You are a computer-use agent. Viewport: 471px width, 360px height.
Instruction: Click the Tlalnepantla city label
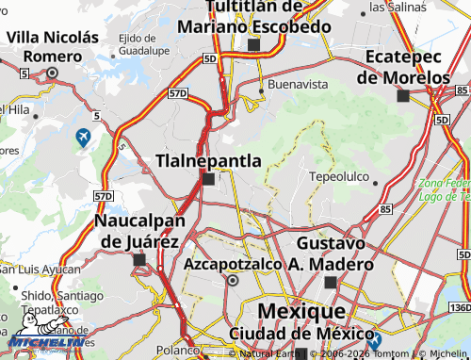(x=208, y=160)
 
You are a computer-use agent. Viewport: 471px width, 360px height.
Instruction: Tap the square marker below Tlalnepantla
(x=208, y=178)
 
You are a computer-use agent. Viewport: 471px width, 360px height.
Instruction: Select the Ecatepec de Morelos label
(x=416, y=67)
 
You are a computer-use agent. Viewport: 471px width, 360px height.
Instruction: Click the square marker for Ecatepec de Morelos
(x=403, y=95)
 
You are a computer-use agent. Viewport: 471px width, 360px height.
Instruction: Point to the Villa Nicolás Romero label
(x=53, y=46)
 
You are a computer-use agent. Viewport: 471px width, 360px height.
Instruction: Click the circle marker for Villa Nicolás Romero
(x=52, y=73)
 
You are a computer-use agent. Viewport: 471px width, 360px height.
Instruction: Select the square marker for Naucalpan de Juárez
(x=139, y=259)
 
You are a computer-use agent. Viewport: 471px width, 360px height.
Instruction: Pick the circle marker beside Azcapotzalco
(x=234, y=280)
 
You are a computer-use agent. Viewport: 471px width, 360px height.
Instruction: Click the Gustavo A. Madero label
(x=329, y=254)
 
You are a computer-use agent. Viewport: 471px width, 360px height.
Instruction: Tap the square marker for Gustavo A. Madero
(x=330, y=282)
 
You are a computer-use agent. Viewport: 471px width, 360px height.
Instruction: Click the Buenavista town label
(x=298, y=84)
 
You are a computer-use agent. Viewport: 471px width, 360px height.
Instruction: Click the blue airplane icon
(x=84, y=138)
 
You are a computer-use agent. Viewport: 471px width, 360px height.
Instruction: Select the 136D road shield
(x=459, y=307)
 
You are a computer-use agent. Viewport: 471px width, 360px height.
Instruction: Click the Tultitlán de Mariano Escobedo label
(x=254, y=16)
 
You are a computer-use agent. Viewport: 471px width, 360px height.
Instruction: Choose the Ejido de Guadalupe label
(x=143, y=42)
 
